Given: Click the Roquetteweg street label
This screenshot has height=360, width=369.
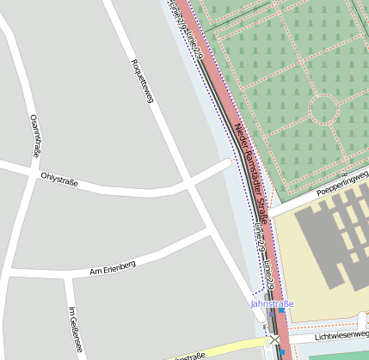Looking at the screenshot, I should tap(141, 82).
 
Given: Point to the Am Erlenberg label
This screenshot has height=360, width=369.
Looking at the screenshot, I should tap(113, 268).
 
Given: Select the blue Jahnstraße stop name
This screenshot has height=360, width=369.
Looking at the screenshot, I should tap(272, 304).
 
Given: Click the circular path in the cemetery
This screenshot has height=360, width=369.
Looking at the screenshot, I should tap(323, 109).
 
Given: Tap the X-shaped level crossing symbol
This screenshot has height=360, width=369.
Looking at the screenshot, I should tap(274, 340).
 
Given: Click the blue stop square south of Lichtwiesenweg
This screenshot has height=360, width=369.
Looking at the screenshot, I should tap(281, 351).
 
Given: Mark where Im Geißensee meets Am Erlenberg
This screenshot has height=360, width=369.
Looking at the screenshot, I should tap(66, 277).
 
